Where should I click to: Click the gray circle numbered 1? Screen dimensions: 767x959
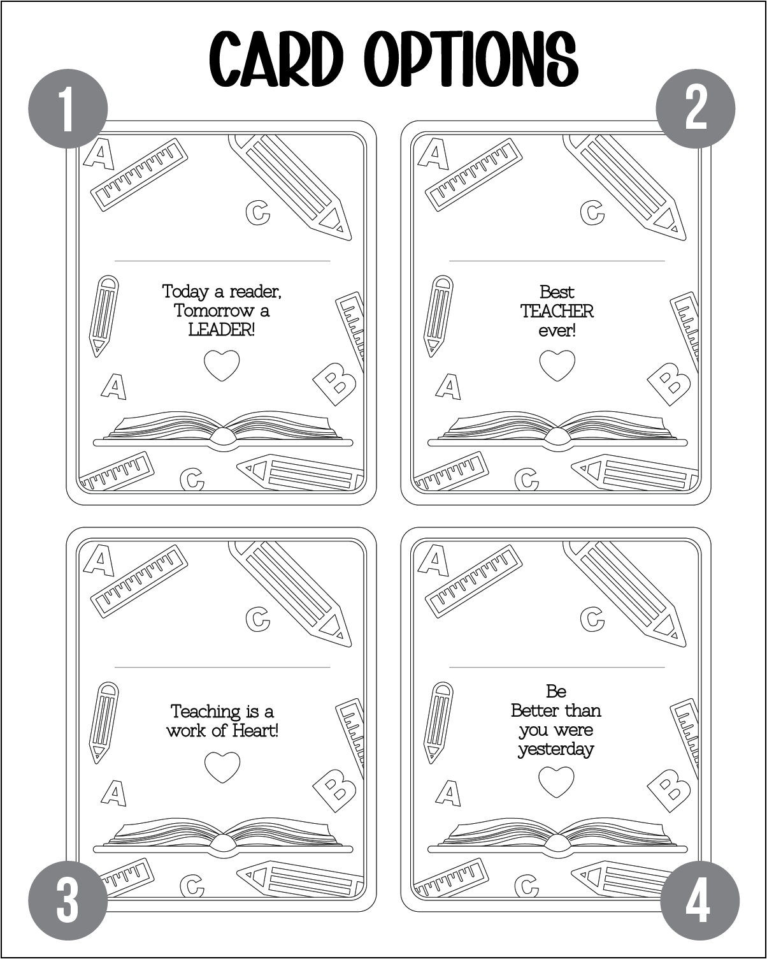coord(68,108)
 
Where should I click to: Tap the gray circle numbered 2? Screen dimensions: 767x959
coord(695,108)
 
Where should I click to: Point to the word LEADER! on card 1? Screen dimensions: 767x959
coord(221,330)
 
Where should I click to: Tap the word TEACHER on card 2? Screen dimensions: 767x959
coord(557,312)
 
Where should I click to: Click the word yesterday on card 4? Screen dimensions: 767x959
coord(556,750)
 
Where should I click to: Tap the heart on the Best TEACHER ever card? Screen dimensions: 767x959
coord(557,365)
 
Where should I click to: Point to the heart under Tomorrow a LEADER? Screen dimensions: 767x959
coord(222,365)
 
